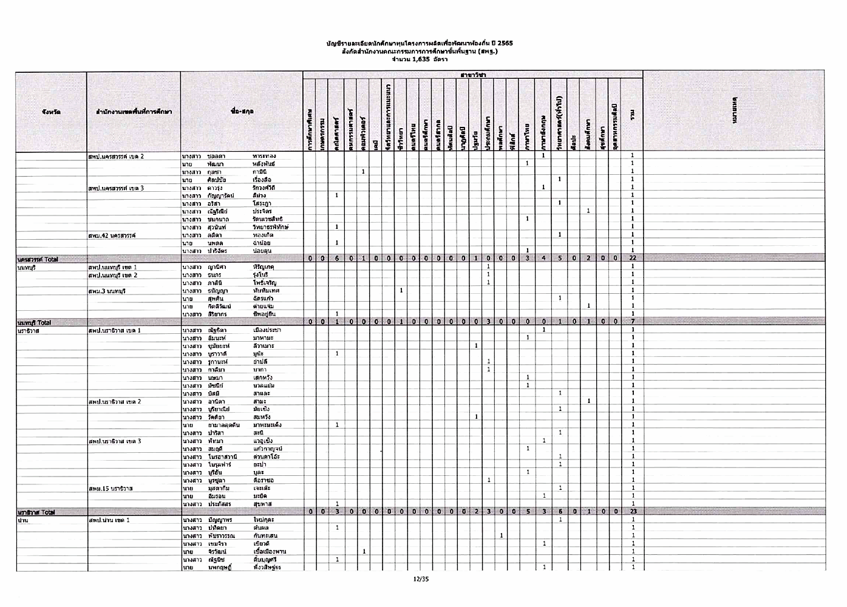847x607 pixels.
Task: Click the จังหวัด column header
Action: coord(51,112)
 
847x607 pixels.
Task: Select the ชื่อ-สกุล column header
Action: coord(242,112)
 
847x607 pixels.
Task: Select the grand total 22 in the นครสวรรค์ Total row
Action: coord(633,258)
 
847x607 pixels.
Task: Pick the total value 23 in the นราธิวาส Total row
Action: coord(633,512)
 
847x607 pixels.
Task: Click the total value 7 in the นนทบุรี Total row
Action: coord(633,321)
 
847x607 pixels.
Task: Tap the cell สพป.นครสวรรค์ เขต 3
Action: coord(116,188)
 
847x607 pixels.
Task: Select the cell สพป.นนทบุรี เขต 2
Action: coord(113,275)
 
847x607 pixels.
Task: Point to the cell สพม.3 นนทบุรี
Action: coord(107,291)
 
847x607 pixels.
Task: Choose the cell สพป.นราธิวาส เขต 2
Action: coord(115,402)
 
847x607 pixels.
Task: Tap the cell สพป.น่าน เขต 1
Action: coord(109,520)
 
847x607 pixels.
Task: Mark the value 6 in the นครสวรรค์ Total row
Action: coord(336,258)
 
